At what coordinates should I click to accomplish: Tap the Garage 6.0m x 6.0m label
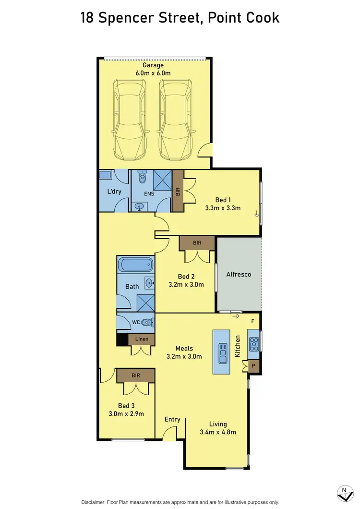[153, 69]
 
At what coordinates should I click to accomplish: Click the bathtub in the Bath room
[135, 265]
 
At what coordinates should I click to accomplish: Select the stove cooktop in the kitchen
[253, 343]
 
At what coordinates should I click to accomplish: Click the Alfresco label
[239, 275]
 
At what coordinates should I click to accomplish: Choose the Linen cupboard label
[142, 339]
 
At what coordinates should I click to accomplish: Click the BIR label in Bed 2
[197, 243]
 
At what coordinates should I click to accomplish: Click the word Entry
[172, 419]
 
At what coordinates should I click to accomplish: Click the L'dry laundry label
[114, 192]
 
